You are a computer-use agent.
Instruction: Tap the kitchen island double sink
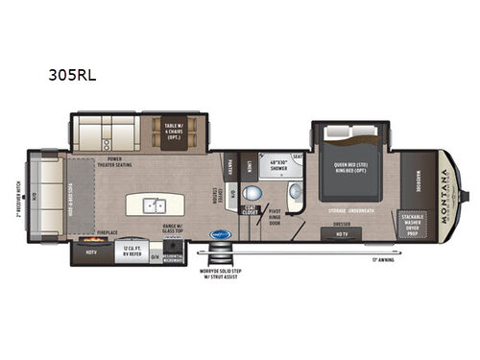coord(154,204)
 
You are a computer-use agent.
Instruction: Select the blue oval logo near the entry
coord(223,232)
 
